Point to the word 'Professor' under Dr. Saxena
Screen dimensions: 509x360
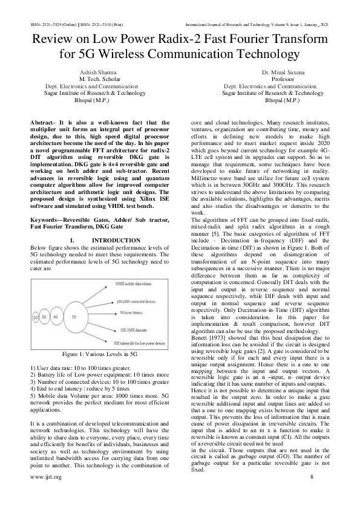[273, 79]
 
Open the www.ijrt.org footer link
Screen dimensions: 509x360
[45, 494]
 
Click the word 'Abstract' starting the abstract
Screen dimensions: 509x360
[44, 123]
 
